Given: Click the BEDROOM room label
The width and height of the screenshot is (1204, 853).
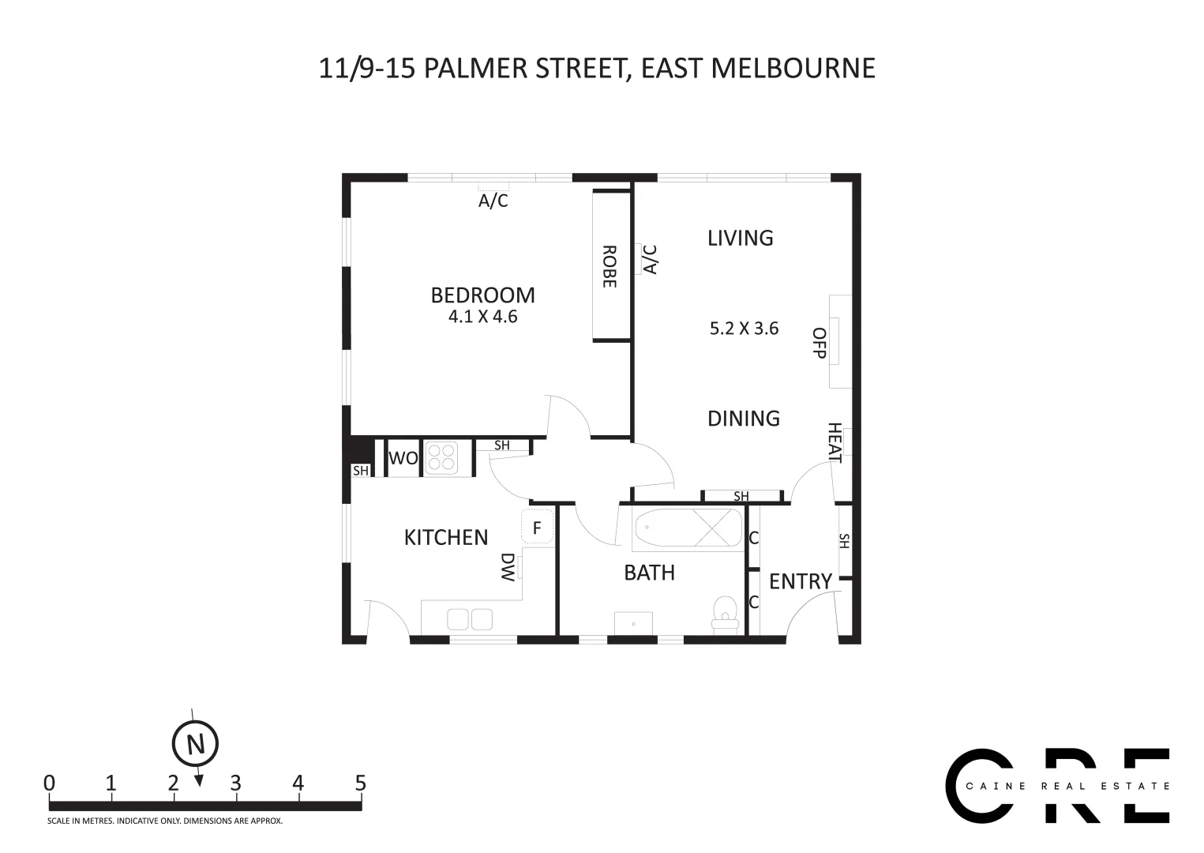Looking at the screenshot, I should (482, 295).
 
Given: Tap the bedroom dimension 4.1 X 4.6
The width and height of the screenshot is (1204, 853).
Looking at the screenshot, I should (482, 318).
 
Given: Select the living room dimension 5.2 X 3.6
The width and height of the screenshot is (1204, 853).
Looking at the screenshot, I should (744, 329).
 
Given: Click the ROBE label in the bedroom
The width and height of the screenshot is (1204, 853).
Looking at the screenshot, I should (610, 266).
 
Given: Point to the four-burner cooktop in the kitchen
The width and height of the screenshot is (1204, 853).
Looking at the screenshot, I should (441, 458).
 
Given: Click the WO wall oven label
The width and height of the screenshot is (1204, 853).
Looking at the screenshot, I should (403, 459).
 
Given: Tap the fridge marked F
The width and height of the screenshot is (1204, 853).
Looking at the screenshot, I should (537, 528).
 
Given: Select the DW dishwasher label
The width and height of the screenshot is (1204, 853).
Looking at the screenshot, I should (508, 566).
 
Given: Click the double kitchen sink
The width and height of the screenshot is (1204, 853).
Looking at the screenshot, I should (470, 619).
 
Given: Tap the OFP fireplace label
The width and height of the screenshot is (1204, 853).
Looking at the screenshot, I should (820, 343).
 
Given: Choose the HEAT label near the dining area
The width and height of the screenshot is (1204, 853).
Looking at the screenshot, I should (835, 443).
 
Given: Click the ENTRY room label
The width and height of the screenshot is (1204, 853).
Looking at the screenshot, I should (800, 582).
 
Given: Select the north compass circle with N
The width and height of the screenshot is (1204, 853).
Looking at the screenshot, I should (195, 744).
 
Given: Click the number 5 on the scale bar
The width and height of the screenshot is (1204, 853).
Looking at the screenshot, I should (360, 783).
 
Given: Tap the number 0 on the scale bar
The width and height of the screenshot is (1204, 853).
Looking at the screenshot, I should (50, 783).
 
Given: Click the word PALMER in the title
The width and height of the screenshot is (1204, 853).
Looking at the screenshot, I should (476, 68).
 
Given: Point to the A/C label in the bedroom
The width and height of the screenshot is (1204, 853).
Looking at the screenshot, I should (493, 201).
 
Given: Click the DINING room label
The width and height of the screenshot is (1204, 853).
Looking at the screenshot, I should (743, 419).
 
